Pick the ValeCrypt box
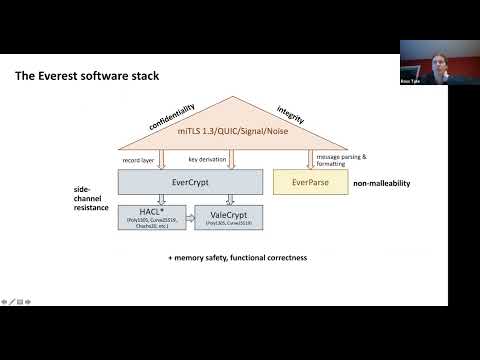pyautogui.click(x=229, y=217)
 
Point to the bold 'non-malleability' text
pyautogui.click(x=383, y=183)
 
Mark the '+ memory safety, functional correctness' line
pyautogui.click(x=237, y=258)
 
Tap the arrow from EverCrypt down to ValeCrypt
pyautogui.click(x=229, y=200)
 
